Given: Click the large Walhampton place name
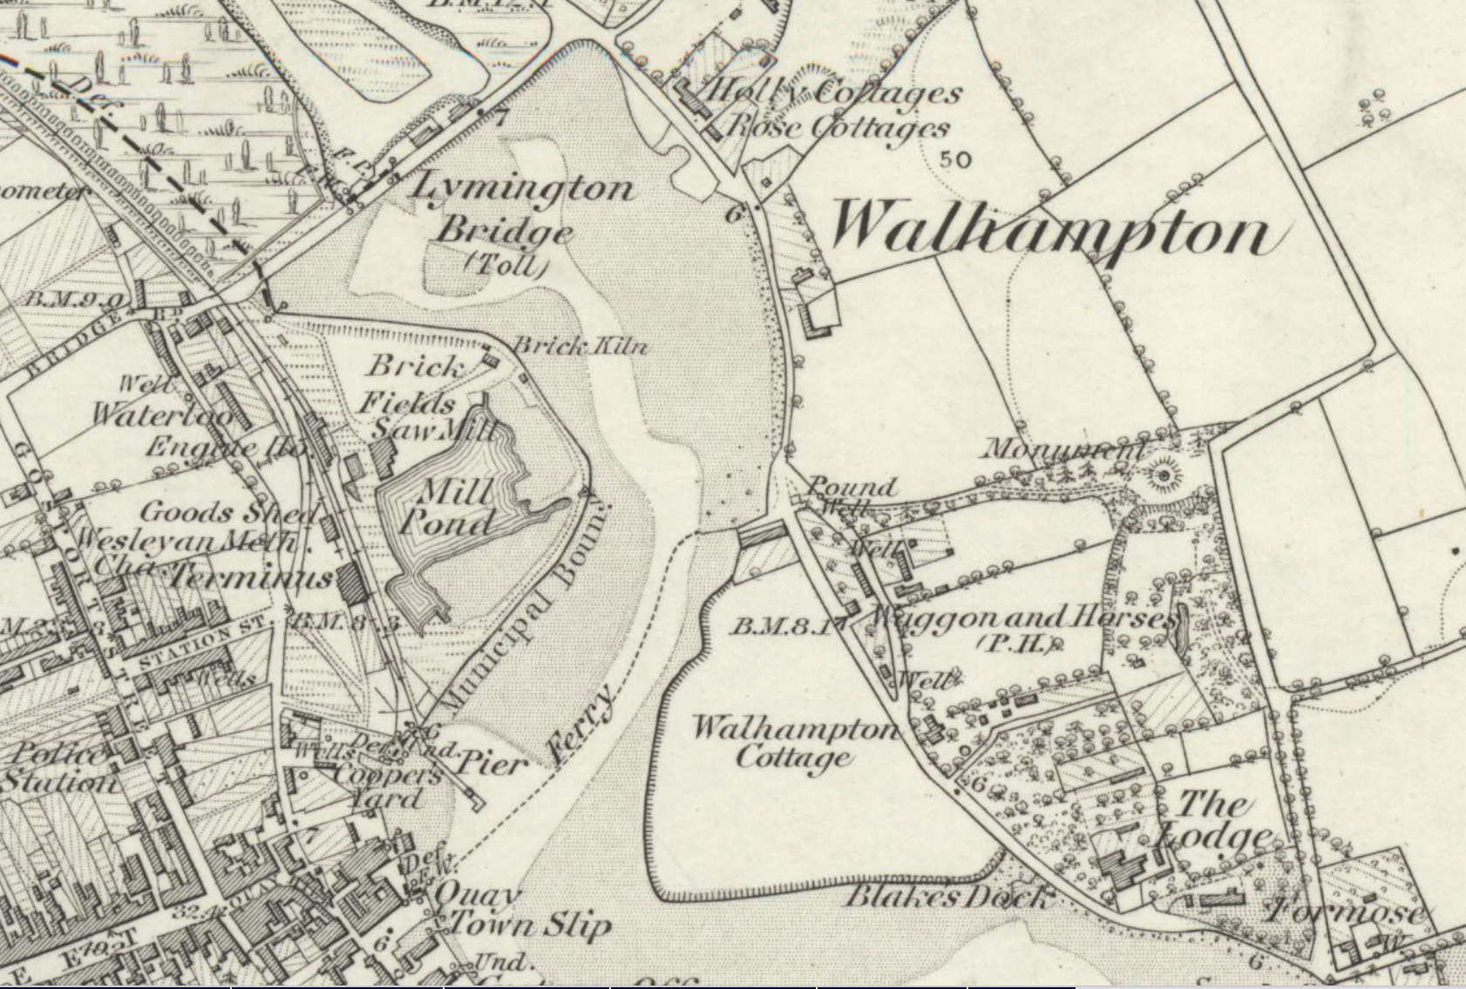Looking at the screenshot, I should [x=1050, y=231].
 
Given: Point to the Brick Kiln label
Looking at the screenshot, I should [x=580, y=345].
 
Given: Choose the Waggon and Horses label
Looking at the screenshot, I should [x=1020, y=619].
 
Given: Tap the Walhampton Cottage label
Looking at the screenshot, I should [x=794, y=741].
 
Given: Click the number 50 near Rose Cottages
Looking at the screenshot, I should [x=956, y=160].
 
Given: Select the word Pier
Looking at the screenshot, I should [x=492, y=765].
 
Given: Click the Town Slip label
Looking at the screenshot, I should [x=528, y=924].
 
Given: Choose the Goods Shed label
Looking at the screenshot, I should [x=228, y=512].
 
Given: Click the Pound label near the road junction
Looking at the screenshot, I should [x=852, y=486].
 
